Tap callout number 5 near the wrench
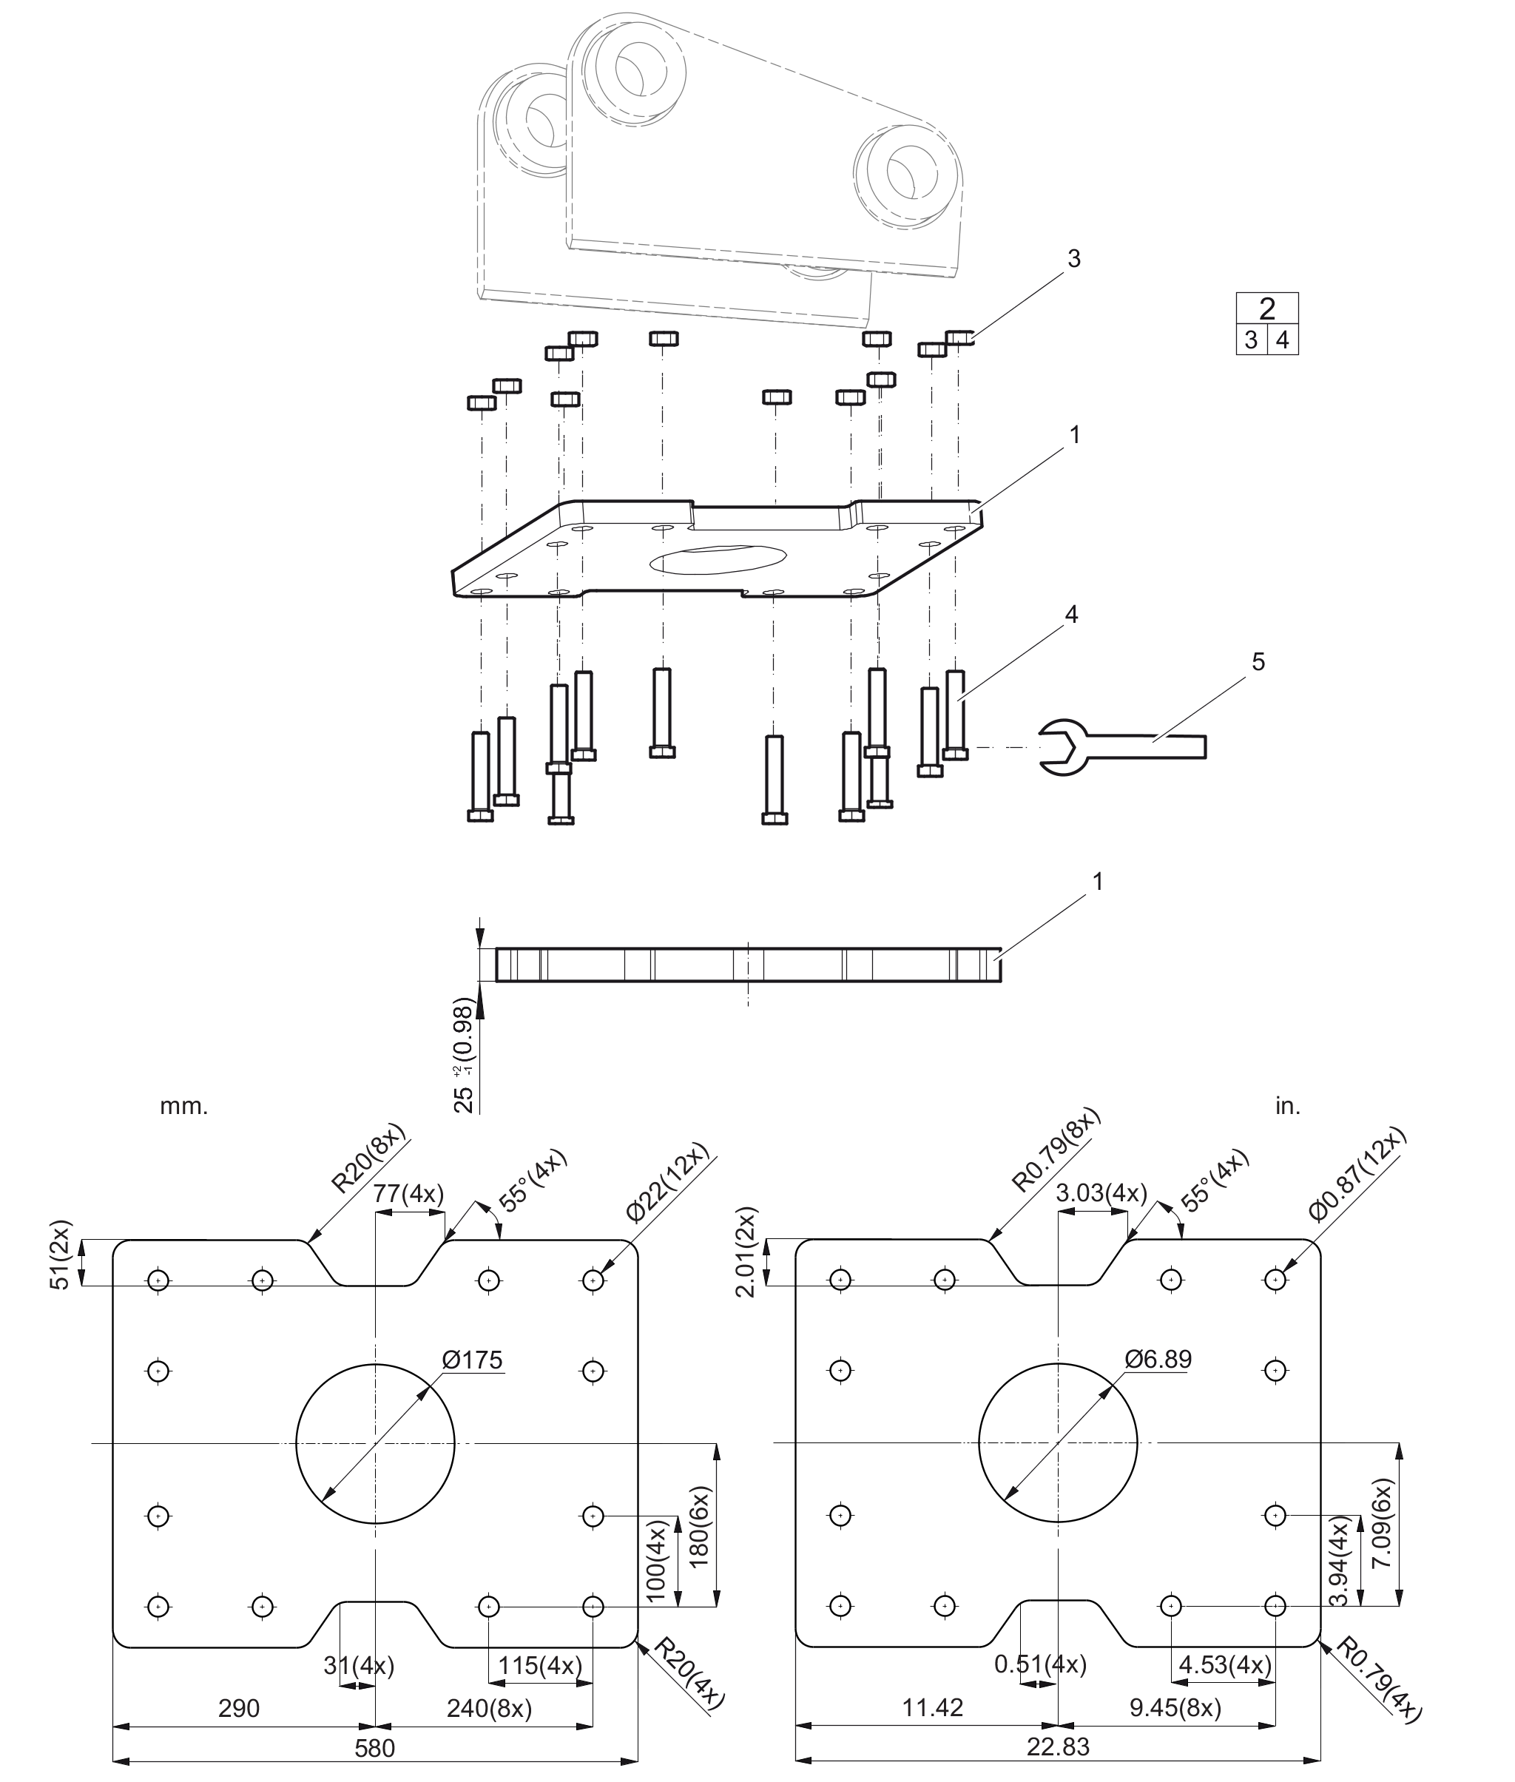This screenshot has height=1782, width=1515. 1258,661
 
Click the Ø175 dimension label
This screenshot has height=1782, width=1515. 473,1360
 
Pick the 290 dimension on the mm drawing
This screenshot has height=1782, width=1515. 239,1708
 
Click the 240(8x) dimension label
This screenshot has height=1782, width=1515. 490,1708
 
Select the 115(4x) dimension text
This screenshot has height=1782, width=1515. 541,1665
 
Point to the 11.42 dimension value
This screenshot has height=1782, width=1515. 933,1707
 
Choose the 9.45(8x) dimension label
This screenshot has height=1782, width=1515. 1175,1707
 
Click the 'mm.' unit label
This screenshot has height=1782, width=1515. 183,1106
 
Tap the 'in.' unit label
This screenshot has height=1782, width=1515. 1287,1106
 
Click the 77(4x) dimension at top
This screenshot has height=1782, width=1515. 409,1194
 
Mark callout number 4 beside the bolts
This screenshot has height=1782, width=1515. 1071,614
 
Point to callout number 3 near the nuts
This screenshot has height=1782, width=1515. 1073,258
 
